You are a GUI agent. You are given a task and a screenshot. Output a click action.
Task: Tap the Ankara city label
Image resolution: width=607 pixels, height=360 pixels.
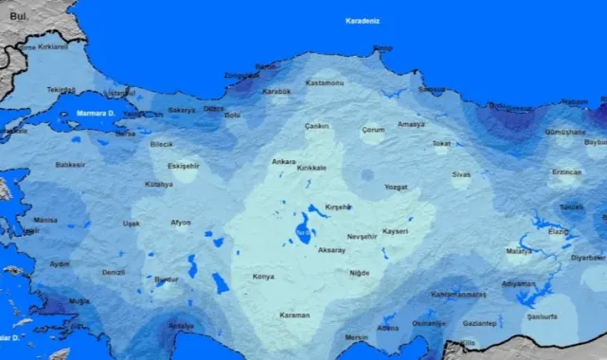coord(284,162)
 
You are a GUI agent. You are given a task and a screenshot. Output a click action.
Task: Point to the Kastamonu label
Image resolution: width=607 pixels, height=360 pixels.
coord(325,83)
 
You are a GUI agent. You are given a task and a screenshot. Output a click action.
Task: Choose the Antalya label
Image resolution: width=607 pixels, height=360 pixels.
coord(180,326)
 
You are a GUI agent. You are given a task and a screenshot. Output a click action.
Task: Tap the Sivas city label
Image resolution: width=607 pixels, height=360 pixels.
coord(461,174)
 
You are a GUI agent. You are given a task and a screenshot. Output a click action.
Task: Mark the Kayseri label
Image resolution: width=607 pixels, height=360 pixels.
coord(396,230)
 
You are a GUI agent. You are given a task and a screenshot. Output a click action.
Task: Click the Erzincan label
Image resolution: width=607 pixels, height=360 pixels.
coord(566,172)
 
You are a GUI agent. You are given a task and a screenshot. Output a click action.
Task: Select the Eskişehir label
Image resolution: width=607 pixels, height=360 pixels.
coord(184,166)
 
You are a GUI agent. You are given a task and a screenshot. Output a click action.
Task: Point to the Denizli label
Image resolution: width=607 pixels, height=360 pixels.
coord(114,272)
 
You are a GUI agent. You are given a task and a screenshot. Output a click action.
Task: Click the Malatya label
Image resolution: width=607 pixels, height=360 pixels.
coord(519,251)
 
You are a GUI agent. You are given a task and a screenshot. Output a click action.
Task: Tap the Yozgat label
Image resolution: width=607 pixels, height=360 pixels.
coord(396,187)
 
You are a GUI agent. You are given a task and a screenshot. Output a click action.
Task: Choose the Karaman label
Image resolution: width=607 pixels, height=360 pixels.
coord(295,315)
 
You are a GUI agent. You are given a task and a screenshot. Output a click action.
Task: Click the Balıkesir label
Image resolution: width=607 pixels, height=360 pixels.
coord(71,165)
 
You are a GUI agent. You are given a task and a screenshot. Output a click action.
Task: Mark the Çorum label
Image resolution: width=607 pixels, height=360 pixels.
coord(373,129)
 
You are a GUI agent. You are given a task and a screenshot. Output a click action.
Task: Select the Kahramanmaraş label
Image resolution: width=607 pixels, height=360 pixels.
coord(459,295)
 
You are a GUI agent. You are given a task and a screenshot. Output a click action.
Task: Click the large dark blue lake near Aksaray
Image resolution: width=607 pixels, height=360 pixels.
coord(303,229)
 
